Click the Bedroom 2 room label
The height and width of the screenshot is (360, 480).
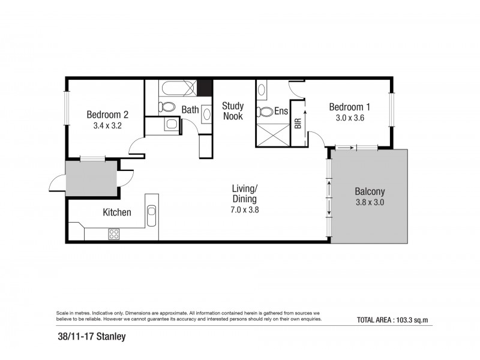pyautogui.click(x=107, y=115)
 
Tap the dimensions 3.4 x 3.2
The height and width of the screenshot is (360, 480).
pyautogui.click(x=107, y=126)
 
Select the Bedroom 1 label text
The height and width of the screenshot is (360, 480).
pyautogui.click(x=349, y=107)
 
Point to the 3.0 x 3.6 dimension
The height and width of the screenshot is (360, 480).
pyautogui.click(x=349, y=118)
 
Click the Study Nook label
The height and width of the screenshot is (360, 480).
pyautogui.click(x=233, y=111)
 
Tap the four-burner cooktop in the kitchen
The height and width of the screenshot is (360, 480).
pyautogui.click(x=114, y=235)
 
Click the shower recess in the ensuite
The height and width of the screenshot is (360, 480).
pyautogui.click(x=272, y=133)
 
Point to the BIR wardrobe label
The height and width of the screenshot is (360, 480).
pyautogui.click(x=298, y=123)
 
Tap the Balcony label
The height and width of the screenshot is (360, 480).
pyautogui.click(x=369, y=191)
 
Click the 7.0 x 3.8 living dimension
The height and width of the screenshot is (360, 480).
pyautogui.click(x=244, y=210)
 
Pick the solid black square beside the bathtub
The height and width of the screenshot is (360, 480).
pyautogui.click(x=205, y=88)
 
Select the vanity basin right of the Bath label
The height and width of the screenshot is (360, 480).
pyautogui.click(x=205, y=112)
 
